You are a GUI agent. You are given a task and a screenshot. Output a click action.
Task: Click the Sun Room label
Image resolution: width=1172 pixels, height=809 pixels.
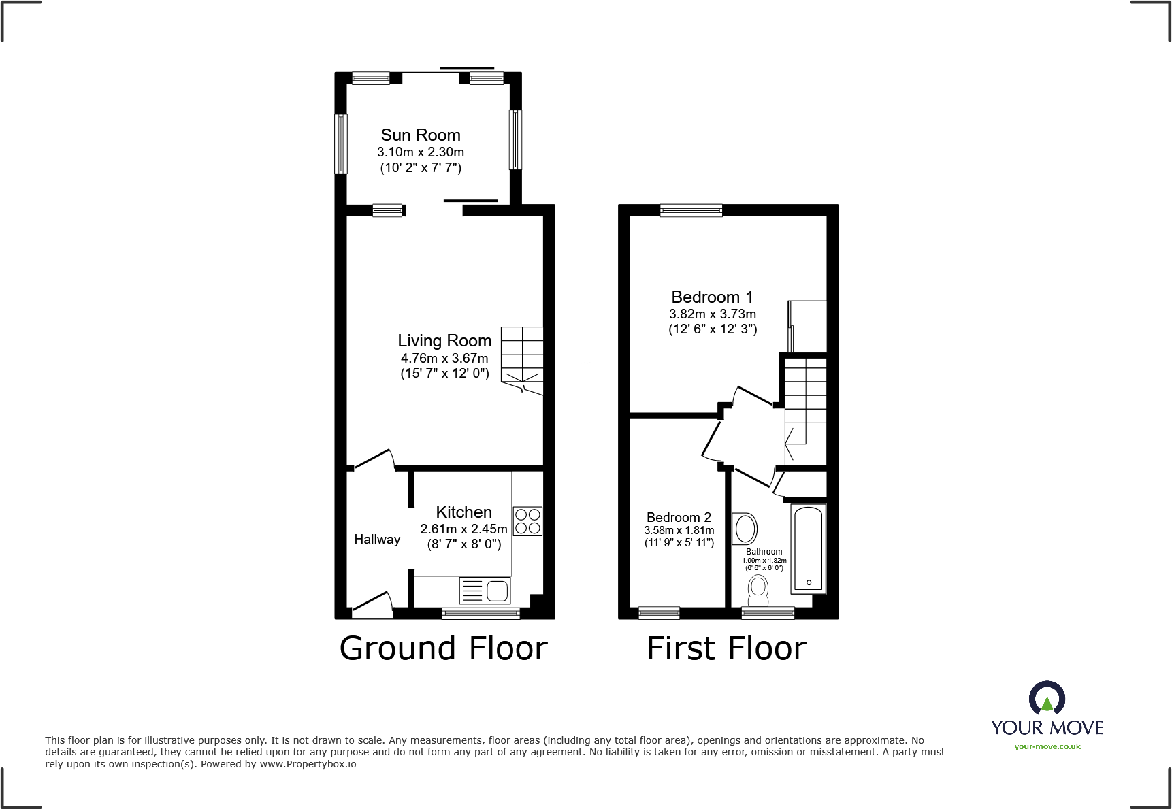(x=421, y=135)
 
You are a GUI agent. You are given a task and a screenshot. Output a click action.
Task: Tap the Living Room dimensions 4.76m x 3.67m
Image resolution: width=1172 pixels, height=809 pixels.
(x=444, y=358)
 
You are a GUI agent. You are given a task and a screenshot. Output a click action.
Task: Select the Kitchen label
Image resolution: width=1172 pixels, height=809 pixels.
(x=463, y=512)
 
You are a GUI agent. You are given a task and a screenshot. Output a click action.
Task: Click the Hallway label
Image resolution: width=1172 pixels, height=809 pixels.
(x=377, y=540)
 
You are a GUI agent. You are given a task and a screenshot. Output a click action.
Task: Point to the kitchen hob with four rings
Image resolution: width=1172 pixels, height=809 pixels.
(x=527, y=521)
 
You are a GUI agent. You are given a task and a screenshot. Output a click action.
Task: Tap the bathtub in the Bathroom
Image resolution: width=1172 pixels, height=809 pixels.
(x=809, y=548)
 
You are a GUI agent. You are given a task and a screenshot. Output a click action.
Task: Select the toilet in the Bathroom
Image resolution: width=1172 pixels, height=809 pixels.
(x=758, y=590)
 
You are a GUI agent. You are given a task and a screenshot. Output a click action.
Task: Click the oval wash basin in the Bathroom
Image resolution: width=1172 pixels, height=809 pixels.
(x=745, y=529)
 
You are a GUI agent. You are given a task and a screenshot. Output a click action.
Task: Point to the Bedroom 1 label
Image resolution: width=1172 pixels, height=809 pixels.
(x=712, y=297)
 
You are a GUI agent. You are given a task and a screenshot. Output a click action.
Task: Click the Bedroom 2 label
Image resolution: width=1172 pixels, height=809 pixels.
(x=679, y=518)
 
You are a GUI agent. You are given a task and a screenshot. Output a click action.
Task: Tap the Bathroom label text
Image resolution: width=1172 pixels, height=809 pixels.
(x=764, y=552)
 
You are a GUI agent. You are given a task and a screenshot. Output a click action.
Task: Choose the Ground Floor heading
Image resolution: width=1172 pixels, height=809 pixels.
(x=444, y=648)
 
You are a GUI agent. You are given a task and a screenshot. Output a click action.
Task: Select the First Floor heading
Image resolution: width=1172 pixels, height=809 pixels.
(x=726, y=648)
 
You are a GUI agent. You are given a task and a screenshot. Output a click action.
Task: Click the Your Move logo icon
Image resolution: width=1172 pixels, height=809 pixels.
(x=1047, y=699)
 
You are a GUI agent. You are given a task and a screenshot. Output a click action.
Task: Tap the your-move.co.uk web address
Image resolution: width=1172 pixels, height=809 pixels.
(x=1047, y=746)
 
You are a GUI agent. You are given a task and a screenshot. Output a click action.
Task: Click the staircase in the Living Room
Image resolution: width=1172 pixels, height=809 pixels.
(x=522, y=359)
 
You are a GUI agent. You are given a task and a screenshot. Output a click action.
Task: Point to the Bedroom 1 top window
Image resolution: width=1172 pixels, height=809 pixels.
(x=691, y=210)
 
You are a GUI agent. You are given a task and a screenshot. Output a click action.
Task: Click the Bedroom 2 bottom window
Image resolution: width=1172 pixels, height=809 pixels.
(x=659, y=613)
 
